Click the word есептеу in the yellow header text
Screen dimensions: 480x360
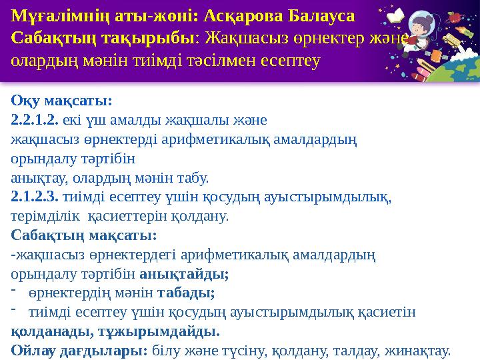click(x=291, y=61)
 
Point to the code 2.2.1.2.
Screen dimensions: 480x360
click(x=35, y=120)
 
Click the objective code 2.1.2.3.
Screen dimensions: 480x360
click(x=35, y=197)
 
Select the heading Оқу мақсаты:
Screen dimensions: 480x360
click(x=61, y=101)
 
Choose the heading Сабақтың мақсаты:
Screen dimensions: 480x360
click(x=84, y=236)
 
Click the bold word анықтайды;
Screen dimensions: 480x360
click(x=184, y=275)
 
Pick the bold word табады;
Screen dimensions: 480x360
click(x=186, y=293)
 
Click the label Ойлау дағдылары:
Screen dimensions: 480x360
click(x=79, y=351)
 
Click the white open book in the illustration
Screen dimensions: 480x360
click(x=395, y=15)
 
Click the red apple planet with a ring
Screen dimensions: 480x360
click(x=456, y=18)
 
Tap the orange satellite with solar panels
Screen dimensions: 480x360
click(x=435, y=56)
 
